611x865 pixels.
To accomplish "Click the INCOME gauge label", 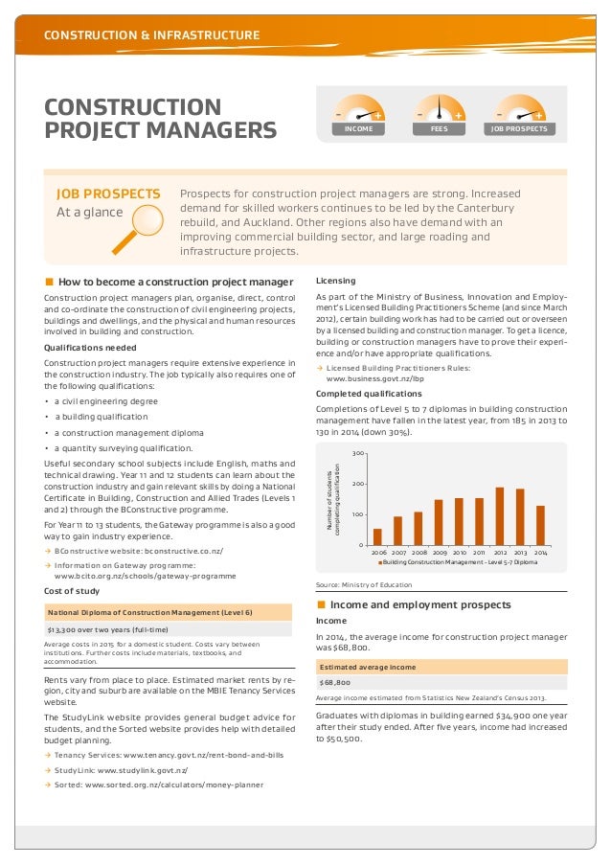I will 359,127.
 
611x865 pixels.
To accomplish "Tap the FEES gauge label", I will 440,127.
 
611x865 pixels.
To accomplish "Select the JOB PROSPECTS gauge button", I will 520,127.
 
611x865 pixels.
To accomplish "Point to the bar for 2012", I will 499,515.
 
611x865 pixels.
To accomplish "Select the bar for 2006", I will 377,535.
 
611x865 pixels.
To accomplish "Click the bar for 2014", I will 540,525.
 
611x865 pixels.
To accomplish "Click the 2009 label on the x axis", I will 439,553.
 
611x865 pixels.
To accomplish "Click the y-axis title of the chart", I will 333,498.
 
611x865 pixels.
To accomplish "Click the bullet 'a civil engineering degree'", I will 106,402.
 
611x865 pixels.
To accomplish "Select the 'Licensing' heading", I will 335,281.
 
